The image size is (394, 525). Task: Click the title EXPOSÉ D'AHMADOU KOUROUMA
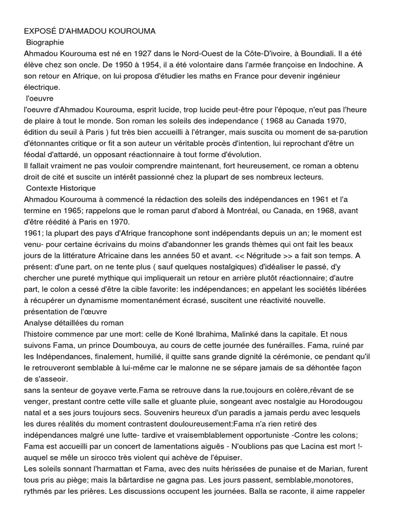tap(90, 31)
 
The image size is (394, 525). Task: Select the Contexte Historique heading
tap(61, 189)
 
